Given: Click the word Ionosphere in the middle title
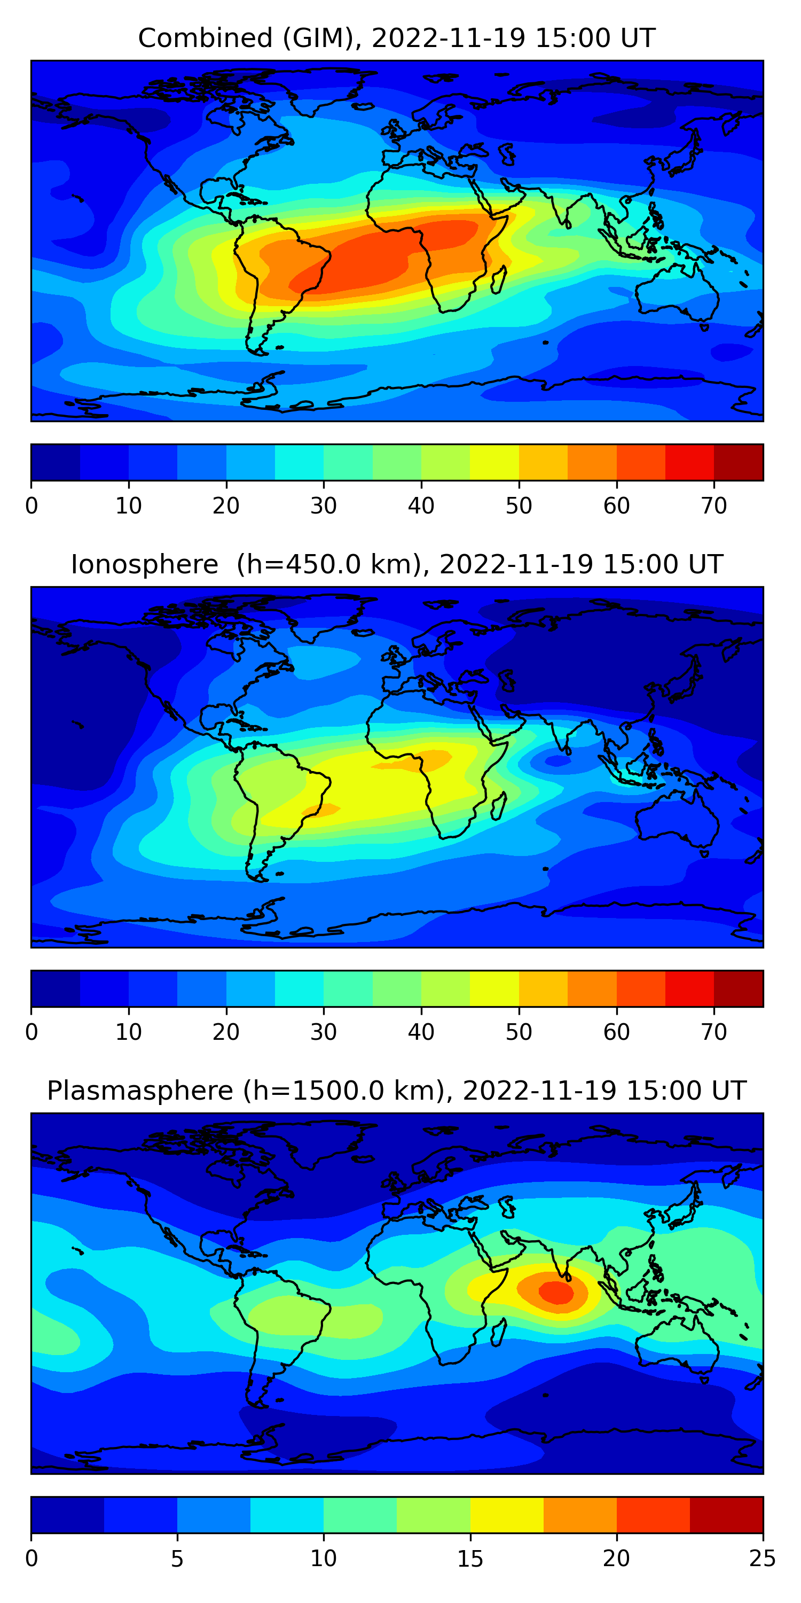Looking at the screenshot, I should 144,564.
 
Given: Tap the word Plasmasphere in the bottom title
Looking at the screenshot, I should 140,1091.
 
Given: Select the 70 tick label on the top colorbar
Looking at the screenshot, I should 714,506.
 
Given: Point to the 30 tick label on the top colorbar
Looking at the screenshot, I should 324,506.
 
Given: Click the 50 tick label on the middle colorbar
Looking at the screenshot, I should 519,1032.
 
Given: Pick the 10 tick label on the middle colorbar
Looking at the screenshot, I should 129,1032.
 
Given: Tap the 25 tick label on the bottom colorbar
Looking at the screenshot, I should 762,1559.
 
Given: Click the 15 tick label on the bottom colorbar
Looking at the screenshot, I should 470,1559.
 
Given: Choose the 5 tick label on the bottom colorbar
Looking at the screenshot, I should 177,1559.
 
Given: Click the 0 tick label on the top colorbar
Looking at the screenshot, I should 32,506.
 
